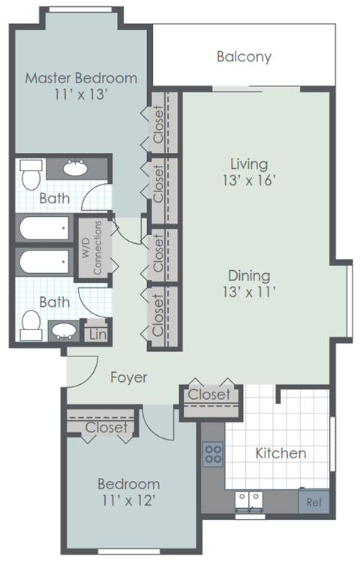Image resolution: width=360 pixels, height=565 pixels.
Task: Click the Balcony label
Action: coord(244,56)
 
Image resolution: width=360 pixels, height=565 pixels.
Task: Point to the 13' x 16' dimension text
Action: coord(249,181)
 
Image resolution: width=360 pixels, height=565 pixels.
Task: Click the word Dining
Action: coord(249,275)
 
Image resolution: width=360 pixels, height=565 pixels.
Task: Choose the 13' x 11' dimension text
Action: coord(249,293)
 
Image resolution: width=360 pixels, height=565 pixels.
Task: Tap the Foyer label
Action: coord(129,377)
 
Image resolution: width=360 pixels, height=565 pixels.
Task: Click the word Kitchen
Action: coord(280,453)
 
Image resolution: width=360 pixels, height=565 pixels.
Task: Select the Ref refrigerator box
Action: coord(313,502)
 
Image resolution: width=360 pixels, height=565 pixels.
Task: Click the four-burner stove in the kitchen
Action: coord(212,454)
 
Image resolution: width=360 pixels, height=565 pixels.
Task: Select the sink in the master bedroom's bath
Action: coord(73,169)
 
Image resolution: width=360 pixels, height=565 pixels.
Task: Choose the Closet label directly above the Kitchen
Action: coord(209,395)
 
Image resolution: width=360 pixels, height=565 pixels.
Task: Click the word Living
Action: coord(249,163)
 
